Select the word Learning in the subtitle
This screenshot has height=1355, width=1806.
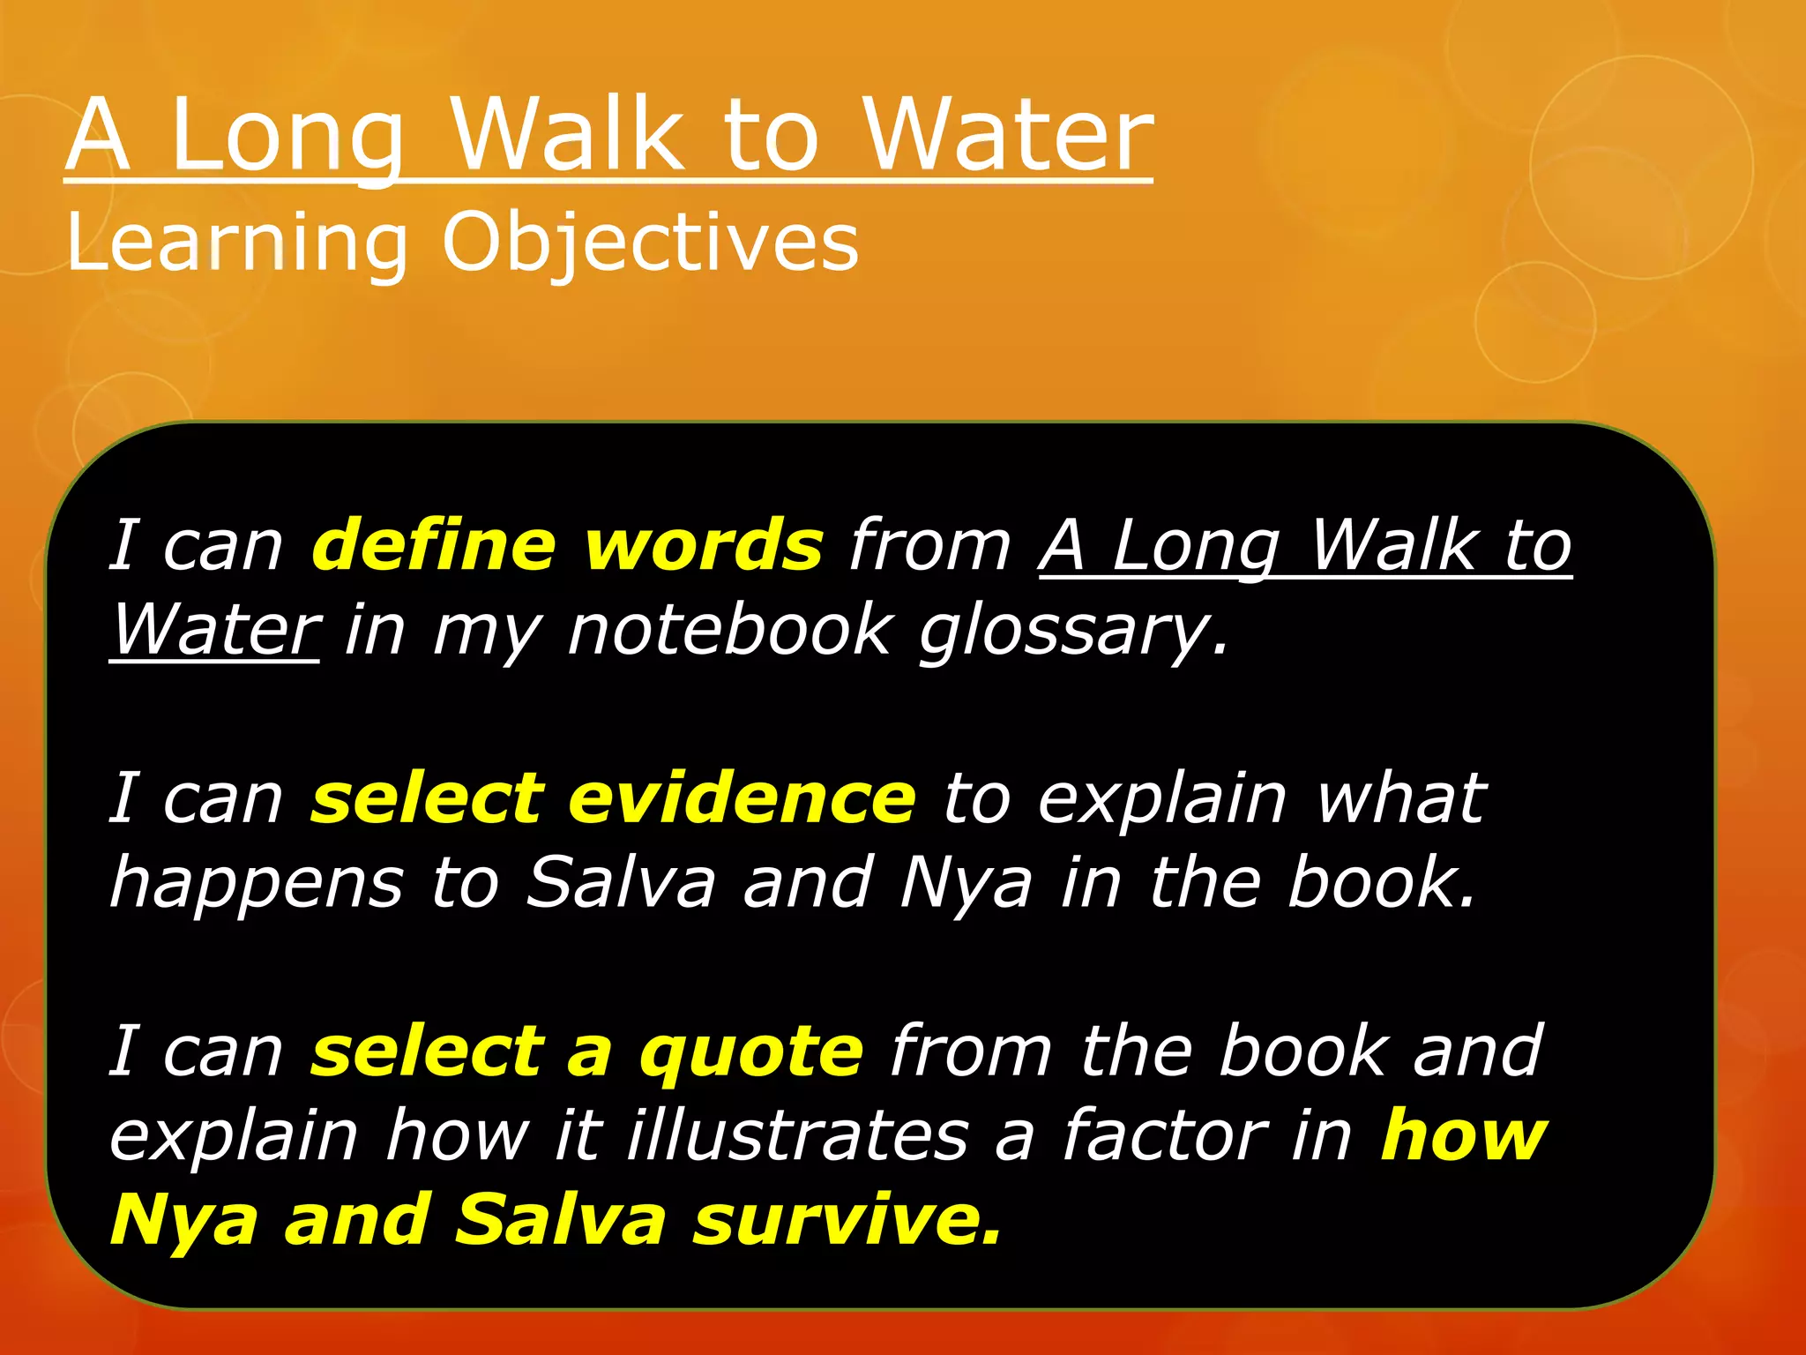pos(236,243)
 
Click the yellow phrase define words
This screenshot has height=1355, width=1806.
pos(567,544)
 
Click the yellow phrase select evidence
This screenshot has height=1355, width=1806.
pos(613,797)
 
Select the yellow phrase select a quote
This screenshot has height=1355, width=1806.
pos(586,1051)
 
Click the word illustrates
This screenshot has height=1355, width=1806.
pos(797,1135)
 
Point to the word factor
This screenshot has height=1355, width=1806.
pos(1164,1135)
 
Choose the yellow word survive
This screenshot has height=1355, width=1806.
pos(847,1220)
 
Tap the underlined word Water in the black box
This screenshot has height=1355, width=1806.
pos(215,630)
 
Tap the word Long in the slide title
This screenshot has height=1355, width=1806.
pos(287,136)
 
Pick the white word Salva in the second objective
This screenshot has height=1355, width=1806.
pos(620,882)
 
